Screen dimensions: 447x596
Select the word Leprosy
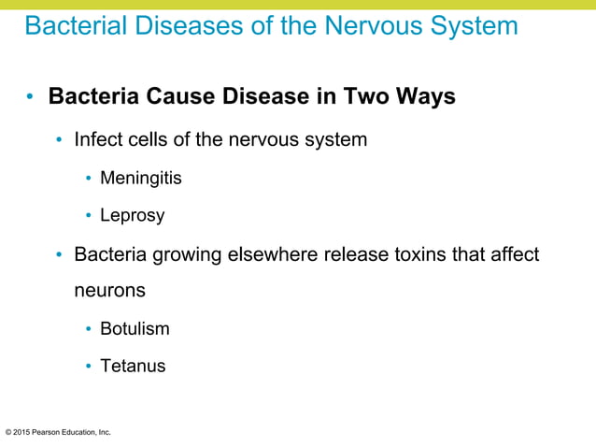[132, 216]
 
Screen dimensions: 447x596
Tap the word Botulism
[135, 328]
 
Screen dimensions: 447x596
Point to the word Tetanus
[133, 366]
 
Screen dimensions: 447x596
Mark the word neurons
[110, 291]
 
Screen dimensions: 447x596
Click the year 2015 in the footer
[23, 432]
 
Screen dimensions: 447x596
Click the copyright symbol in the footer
[8, 432]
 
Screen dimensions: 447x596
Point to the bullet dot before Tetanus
[89, 367]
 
